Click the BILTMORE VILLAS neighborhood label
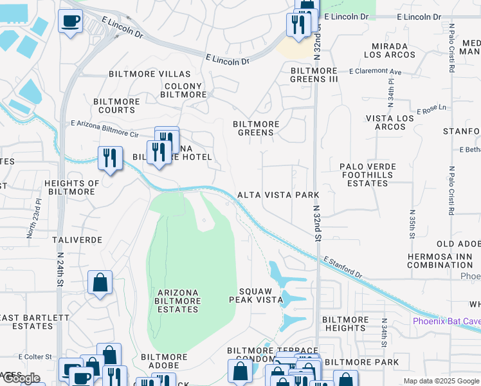click(150, 74)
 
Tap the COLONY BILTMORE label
click(183, 90)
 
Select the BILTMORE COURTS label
click(114, 106)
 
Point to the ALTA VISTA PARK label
click(278, 194)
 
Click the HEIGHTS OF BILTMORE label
click(72, 187)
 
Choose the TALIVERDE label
click(77, 239)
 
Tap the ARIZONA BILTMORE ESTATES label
click(178, 301)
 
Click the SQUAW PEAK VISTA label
click(256, 295)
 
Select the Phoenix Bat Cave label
click(446, 321)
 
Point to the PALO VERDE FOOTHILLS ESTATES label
click(368, 174)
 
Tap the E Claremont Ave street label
click(375, 72)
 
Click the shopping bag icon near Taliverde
click(100, 282)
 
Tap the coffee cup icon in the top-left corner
click(70, 21)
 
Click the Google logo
click(21, 378)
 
